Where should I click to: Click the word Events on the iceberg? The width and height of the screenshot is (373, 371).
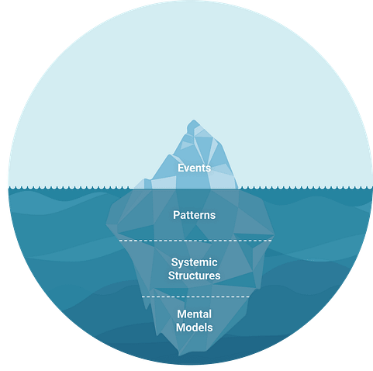click(194, 168)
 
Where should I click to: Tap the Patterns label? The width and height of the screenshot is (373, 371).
click(194, 215)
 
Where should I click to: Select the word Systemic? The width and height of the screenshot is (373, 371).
click(194, 262)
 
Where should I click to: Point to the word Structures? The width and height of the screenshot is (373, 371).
click(194, 276)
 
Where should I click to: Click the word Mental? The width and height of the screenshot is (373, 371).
click(194, 314)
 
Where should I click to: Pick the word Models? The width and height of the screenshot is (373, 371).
click(194, 328)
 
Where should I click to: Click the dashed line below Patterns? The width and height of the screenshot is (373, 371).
click(195, 241)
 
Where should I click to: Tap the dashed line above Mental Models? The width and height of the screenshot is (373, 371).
click(195, 296)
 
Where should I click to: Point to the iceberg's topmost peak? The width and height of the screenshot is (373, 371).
click(194, 120)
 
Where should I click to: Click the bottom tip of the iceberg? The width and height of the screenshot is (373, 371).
click(179, 355)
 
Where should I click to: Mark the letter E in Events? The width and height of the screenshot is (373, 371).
click(181, 168)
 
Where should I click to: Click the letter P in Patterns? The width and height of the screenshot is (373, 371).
click(176, 215)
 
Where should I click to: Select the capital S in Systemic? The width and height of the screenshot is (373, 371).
click(174, 262)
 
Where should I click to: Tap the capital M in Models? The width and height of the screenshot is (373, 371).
click(181, 328)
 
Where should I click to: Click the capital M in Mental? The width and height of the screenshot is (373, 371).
click(181, 314)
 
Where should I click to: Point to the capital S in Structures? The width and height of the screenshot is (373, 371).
click(171, 276)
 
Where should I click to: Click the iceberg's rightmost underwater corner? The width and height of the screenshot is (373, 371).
click(274, 235)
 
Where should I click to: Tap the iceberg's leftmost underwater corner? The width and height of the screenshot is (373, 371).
click(106, 224)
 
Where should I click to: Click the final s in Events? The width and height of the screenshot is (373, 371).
click(209, 169)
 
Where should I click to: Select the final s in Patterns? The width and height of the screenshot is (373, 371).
click(213, 216)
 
